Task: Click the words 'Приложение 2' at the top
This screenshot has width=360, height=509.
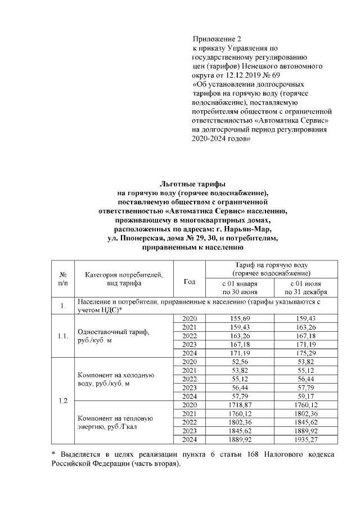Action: pyautogui.click(x=217, y=39)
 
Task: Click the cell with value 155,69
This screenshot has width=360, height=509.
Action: pyautogui.click(x=240, y=318)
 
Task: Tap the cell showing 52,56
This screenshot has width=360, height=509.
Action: pyautogui.click(x=240, y=362)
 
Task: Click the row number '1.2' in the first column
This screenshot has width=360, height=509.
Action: pyautogui.click(x=62, y=400)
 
